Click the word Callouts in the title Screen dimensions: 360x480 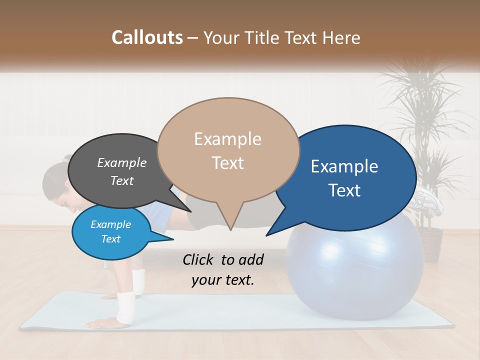147,38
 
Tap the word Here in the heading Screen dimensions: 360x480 340,38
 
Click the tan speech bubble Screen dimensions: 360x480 228,150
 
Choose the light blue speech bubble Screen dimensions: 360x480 110,232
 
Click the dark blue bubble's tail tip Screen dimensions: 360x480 266,235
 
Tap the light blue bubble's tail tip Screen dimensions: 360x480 173,239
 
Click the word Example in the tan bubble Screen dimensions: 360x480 227,139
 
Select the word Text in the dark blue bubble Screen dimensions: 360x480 345,190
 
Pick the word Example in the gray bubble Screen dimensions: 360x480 121,163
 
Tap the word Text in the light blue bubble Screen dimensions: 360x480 110,239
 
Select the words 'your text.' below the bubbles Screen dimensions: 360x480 222,280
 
